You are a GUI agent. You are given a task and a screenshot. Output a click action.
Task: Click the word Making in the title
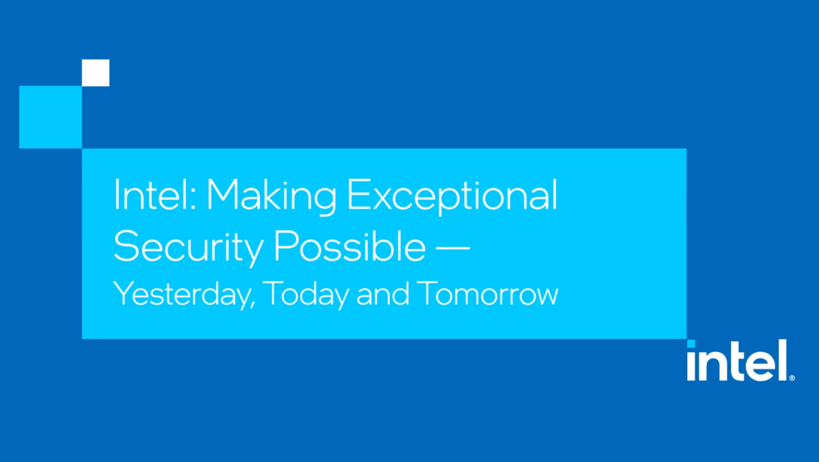click(271, 196)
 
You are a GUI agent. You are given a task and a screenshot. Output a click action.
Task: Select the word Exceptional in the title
click(452, 196)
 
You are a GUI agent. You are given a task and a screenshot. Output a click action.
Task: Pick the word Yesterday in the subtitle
click(181, 294)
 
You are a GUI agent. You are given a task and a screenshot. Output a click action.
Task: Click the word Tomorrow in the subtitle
click(487, 294)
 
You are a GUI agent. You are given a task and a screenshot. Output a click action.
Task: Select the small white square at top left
click(95, 73)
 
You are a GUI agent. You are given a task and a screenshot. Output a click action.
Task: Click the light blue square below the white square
click(50, 117)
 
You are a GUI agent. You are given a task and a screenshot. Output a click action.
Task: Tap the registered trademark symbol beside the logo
click(792, 377)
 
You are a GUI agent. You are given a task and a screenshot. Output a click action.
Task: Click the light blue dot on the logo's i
click(691, 344)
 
